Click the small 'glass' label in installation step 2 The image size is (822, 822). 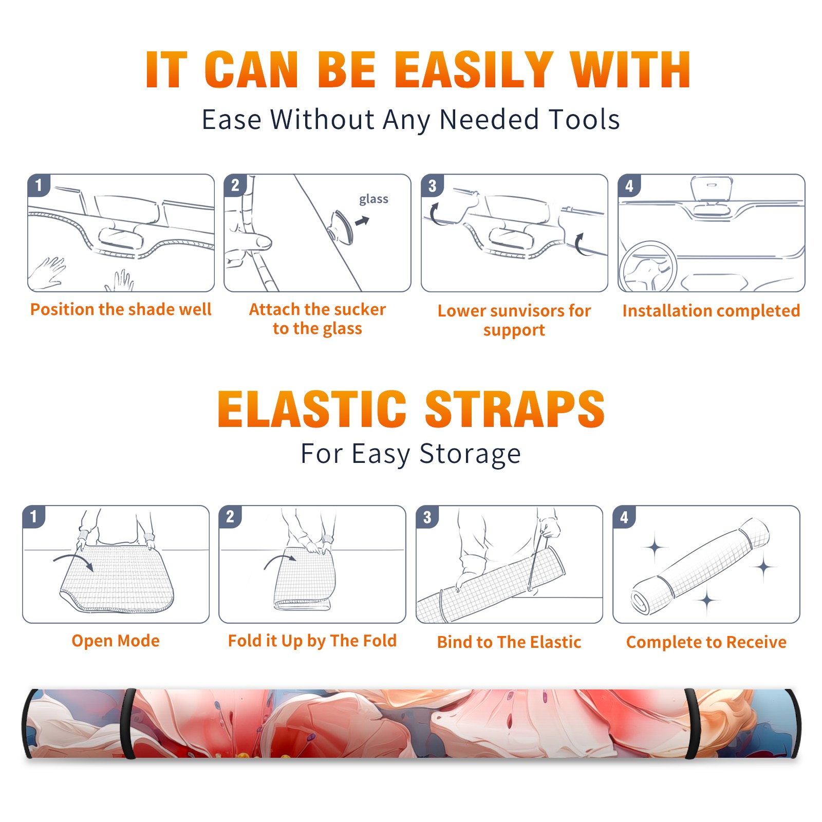click(x=373, y=199)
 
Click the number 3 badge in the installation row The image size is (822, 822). click(x=432, y=185)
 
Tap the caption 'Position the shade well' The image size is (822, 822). click(x=121, y=309)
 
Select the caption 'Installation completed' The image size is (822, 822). click(x=711, y=311)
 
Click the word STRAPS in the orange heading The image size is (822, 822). click(x=515, y=409)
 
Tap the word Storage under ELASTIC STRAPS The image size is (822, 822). click(x=470, y=454)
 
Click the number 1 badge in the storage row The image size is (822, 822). click(x=34, y=517)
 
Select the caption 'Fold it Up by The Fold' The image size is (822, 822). click(x=312, y=641)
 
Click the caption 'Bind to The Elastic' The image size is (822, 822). click(x=509, y=642)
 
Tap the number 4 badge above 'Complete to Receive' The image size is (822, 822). click(x=624, y=517)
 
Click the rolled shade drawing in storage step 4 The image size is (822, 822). click(x=700, y=566)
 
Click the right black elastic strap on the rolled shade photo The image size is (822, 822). click(x=692, y=723)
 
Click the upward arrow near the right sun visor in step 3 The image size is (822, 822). click(x=581, y=244)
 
